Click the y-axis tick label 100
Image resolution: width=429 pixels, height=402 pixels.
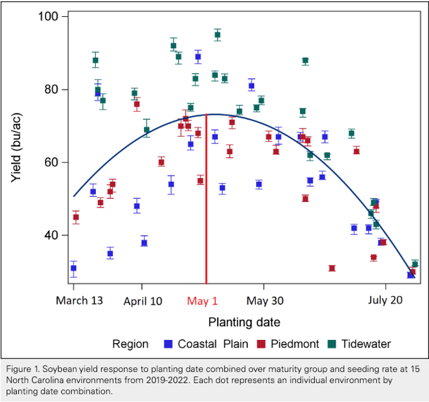pos(48,16)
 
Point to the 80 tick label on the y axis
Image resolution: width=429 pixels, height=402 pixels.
pos(51,89)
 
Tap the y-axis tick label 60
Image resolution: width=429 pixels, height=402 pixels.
pos(51,162)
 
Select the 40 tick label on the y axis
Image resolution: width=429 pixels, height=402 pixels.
pos(51,235)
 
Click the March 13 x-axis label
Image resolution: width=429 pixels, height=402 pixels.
pos(80,300)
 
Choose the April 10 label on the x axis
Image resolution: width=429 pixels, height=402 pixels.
pos(143,301)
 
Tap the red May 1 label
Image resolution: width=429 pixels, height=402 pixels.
pos(202,301)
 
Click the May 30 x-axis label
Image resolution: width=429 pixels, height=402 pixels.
pos(265,301)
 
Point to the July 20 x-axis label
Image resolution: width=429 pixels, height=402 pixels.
pos(385,300)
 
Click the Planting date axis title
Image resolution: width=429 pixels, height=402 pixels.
pos(244,322)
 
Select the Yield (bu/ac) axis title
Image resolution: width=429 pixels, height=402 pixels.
pos(16,147)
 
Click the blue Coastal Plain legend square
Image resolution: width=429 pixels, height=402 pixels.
pos(168,344)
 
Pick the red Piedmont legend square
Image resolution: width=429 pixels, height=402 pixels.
pos(261,344)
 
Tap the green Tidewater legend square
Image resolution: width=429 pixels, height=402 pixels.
pos(332,344)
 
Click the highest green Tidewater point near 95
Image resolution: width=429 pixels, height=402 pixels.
pos(217,34)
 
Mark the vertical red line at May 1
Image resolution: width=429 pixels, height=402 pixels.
pos(206,199)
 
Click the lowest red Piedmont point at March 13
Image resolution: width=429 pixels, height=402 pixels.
pos(76,217)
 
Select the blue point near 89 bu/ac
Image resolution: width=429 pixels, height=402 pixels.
pos(198,56)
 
